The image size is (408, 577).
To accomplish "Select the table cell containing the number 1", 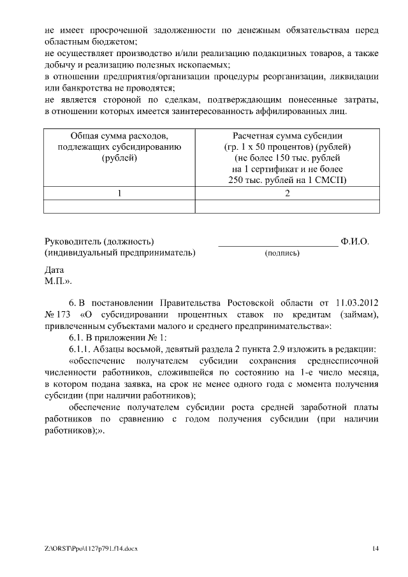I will click(x=119, y=193).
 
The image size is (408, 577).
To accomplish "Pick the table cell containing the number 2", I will click(x=287, y=193).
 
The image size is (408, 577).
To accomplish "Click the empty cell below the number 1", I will click(x=119, y=206).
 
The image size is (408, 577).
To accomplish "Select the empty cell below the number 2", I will click(x=287, y=206).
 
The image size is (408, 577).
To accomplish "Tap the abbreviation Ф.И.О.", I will click(x=355, y=242).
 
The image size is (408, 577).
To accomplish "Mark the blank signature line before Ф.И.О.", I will click(x=278, y=244).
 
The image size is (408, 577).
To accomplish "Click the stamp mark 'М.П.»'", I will click(x=57, y=281).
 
